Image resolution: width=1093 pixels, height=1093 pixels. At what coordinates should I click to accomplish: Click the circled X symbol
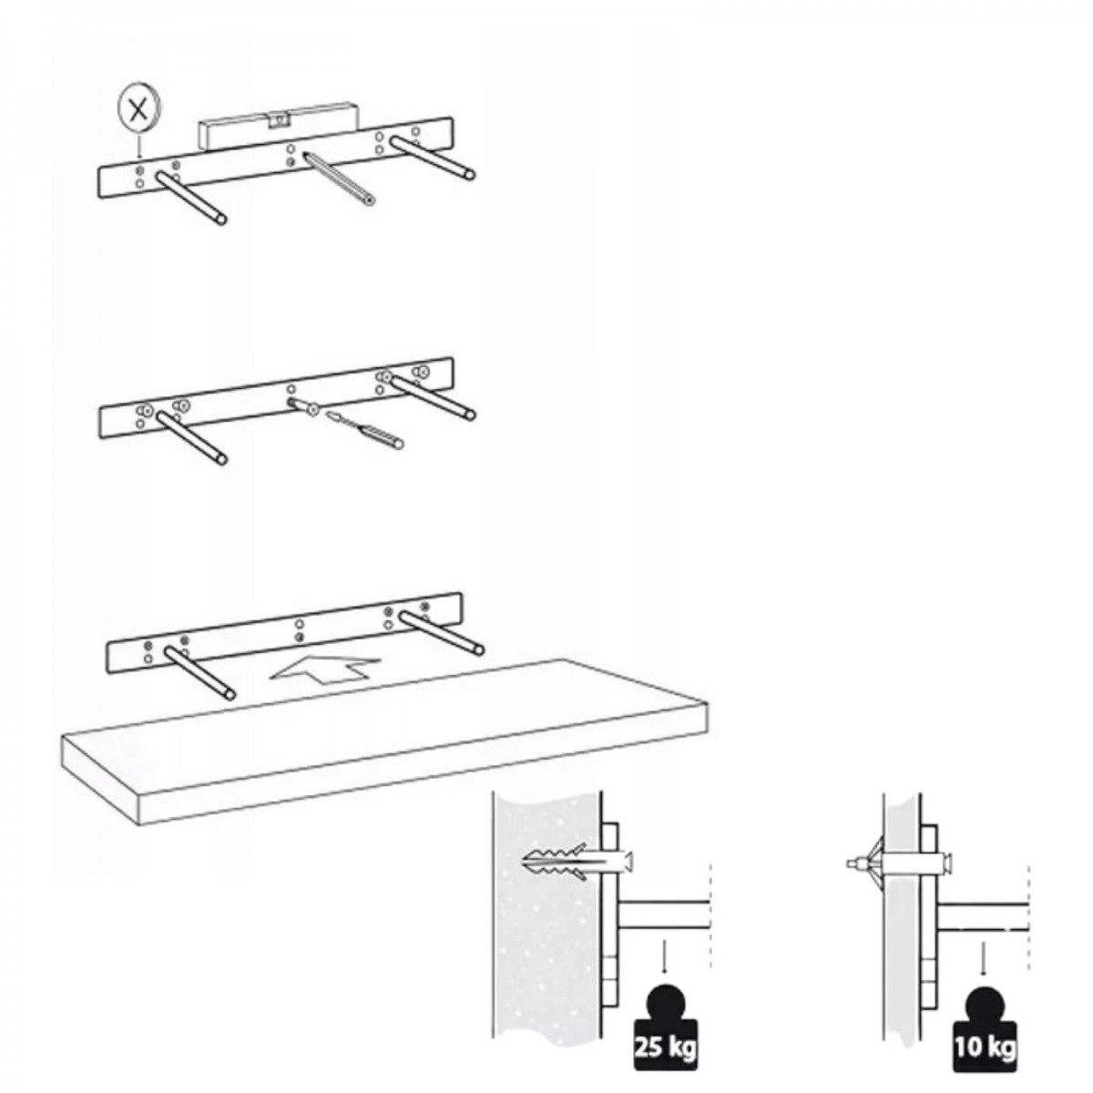[x=138, y=110]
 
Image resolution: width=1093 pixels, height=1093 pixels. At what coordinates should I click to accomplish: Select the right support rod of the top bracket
[x=433, y=157]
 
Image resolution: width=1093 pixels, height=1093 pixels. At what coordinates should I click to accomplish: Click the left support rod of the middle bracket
[x=191, y=439]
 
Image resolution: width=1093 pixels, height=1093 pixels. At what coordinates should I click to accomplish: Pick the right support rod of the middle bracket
[x=433, y=399]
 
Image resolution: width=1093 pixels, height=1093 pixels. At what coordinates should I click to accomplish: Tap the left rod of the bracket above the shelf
[x=199, y=673]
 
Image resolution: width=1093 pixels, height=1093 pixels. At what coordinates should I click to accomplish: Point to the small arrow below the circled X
[x=138, y=147]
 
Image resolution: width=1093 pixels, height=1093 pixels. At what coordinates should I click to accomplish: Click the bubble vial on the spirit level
[x=279, y=120]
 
